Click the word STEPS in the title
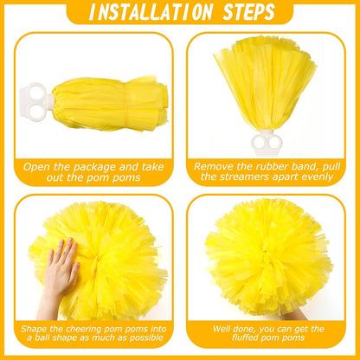tap(248, 12)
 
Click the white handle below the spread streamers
tap(266, 143)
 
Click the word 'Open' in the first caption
tap(37, 167)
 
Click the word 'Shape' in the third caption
tap(33, 329)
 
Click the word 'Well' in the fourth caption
tap(222, 329)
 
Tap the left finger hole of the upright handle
tap(259, 142)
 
